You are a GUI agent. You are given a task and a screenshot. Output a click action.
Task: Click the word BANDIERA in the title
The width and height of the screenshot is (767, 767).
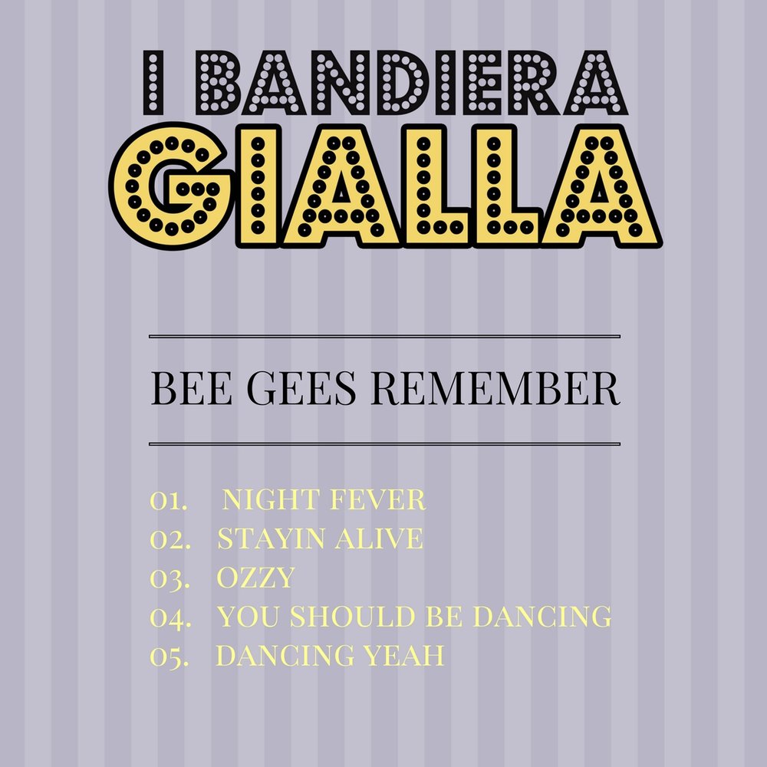pos(412,83)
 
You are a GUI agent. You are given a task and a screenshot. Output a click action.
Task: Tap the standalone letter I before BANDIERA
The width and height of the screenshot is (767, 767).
pos(153,83)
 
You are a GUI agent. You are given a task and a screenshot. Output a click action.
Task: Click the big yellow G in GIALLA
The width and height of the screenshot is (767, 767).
pos(171,186)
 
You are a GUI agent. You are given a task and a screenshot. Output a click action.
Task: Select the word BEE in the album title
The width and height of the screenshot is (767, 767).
pos(191,388)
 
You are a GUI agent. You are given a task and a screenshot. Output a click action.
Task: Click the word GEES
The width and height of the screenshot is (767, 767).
pos(301,388)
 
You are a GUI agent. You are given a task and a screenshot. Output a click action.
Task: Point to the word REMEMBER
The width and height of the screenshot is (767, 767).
pos(495,388)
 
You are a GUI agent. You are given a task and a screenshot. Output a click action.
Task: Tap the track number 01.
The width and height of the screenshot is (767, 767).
pos(168,500)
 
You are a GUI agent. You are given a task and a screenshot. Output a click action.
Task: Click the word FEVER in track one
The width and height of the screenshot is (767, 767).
pos(377,500)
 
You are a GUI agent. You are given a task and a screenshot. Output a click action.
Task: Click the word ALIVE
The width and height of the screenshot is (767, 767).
pos(379,538)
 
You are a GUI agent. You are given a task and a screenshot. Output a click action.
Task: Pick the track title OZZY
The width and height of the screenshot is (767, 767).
pos(256,578)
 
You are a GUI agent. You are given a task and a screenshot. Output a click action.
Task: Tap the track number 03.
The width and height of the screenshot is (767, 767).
pos(170,578)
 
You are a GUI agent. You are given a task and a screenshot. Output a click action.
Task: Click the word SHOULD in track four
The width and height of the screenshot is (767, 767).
pos(352,617)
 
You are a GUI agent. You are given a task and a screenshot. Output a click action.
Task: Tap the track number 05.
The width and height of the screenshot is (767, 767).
pos(169,657)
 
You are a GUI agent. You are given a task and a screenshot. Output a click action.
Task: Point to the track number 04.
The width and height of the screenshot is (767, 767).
pos(170,617)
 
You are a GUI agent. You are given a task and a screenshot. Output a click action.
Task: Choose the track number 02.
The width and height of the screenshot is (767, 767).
pos(170,539)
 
